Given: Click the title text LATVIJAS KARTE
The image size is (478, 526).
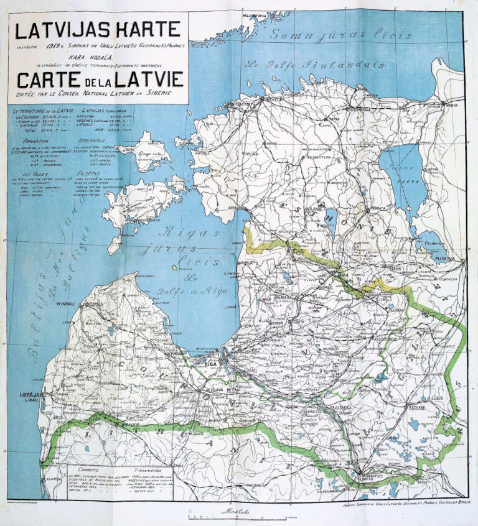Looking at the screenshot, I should click(x=97, y=29).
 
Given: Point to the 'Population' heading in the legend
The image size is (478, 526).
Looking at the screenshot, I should click(x=35, y=141).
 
